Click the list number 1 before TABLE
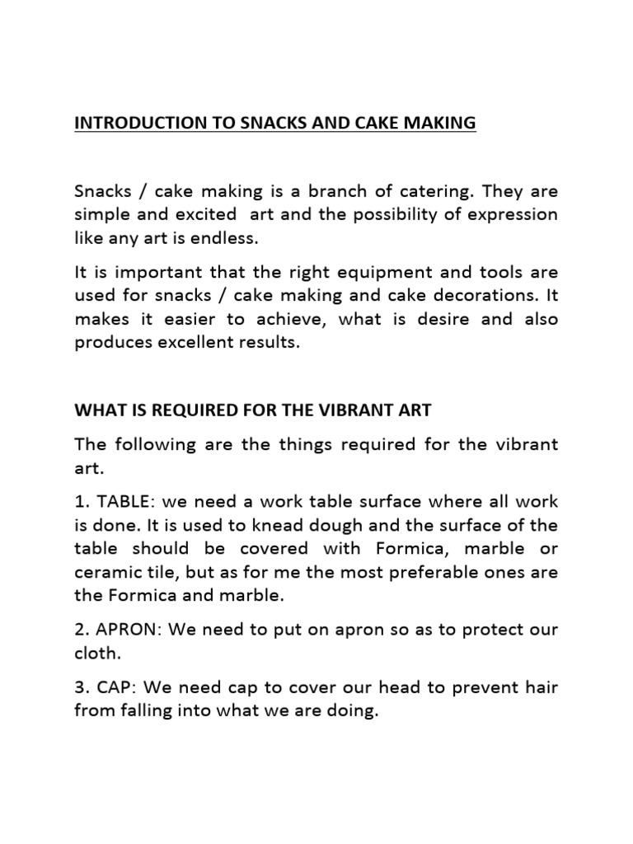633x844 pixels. click(79, 501)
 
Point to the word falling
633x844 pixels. click(139, 710)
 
